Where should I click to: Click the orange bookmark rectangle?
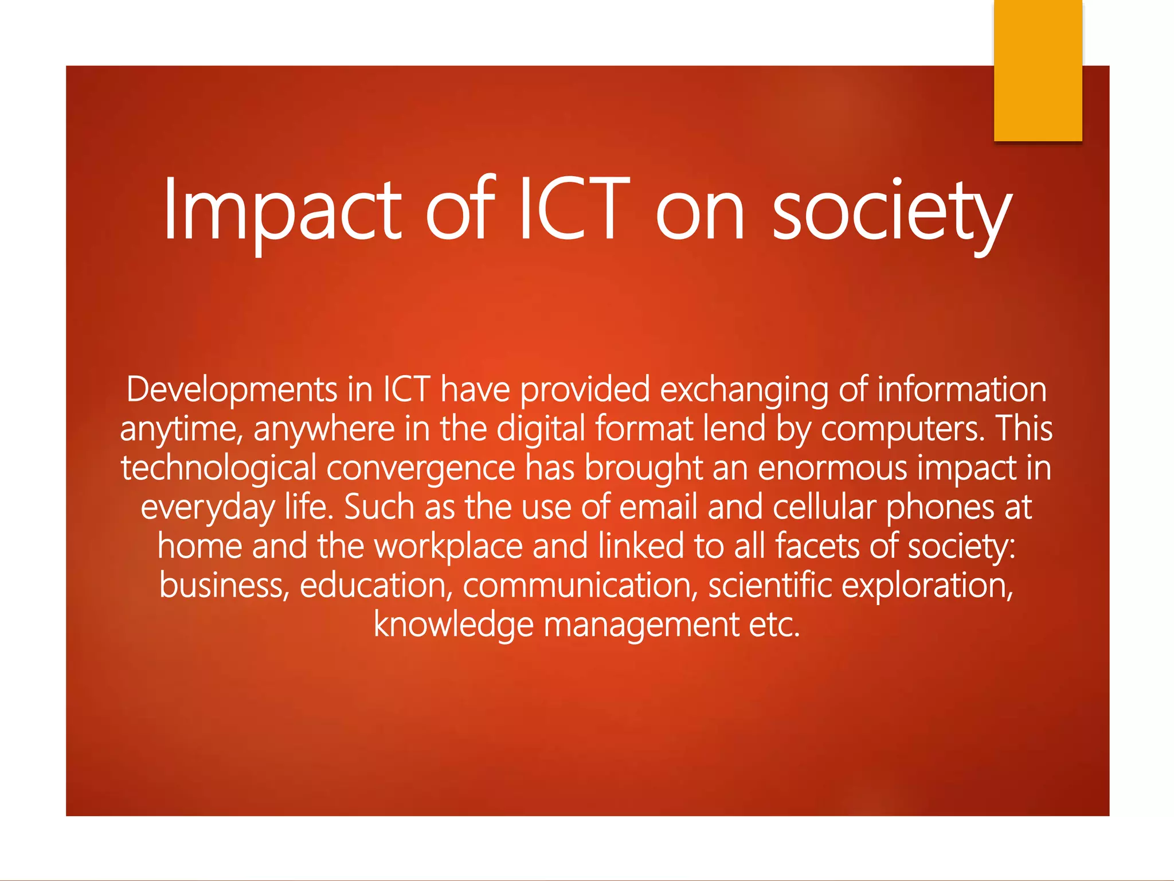click(x=1038, y=70)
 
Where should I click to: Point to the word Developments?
click(x=232, y=390)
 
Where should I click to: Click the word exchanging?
click(x=744, y=390)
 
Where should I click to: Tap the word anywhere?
click(x=324, y=429)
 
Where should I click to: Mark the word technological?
click(x=218, y=468)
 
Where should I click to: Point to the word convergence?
click(x=421, y=468)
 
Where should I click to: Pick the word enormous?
click(x=832, y=468)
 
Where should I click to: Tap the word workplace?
click(x=448, y=546)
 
